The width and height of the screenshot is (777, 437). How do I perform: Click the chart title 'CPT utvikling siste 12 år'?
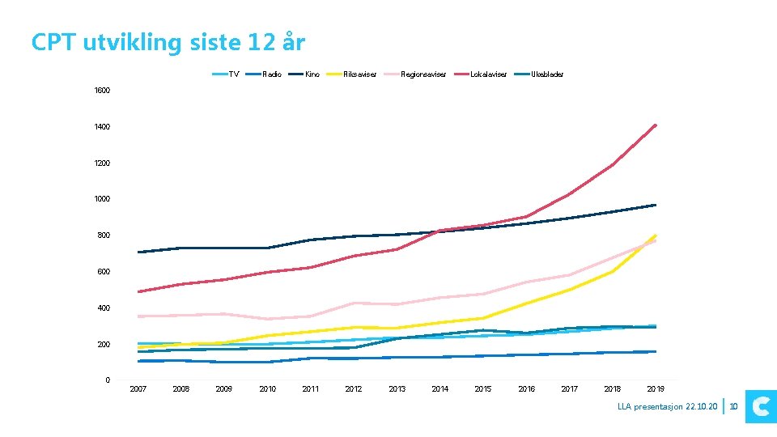click(168, 42)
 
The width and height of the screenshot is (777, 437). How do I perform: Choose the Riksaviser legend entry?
click(355, 74)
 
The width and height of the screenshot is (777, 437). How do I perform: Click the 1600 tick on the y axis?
click(101, 91)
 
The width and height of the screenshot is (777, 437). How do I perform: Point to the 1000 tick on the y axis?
click(101, 199)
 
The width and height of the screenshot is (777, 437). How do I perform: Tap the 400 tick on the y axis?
click(103, 308)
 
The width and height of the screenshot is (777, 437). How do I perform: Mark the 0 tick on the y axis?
click(107, 380)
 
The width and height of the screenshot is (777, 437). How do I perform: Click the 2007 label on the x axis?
click(138, 389)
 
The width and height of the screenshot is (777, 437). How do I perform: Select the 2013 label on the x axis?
click(397, 389)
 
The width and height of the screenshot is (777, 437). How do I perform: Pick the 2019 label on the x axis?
click(656, 389)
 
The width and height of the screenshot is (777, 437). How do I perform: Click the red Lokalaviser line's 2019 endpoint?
click(655, 125)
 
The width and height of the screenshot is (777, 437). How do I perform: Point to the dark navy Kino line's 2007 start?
click(139, 252)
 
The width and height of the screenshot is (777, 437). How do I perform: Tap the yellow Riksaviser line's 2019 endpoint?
click(655, 235)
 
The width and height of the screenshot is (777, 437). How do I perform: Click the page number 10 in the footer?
click(734, 406)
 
